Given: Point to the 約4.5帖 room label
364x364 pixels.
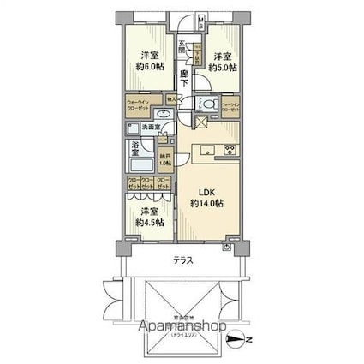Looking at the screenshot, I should (148, 218).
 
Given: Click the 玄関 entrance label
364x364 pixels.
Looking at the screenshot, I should (183, 49).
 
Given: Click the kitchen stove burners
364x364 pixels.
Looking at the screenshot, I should (229, 151).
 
